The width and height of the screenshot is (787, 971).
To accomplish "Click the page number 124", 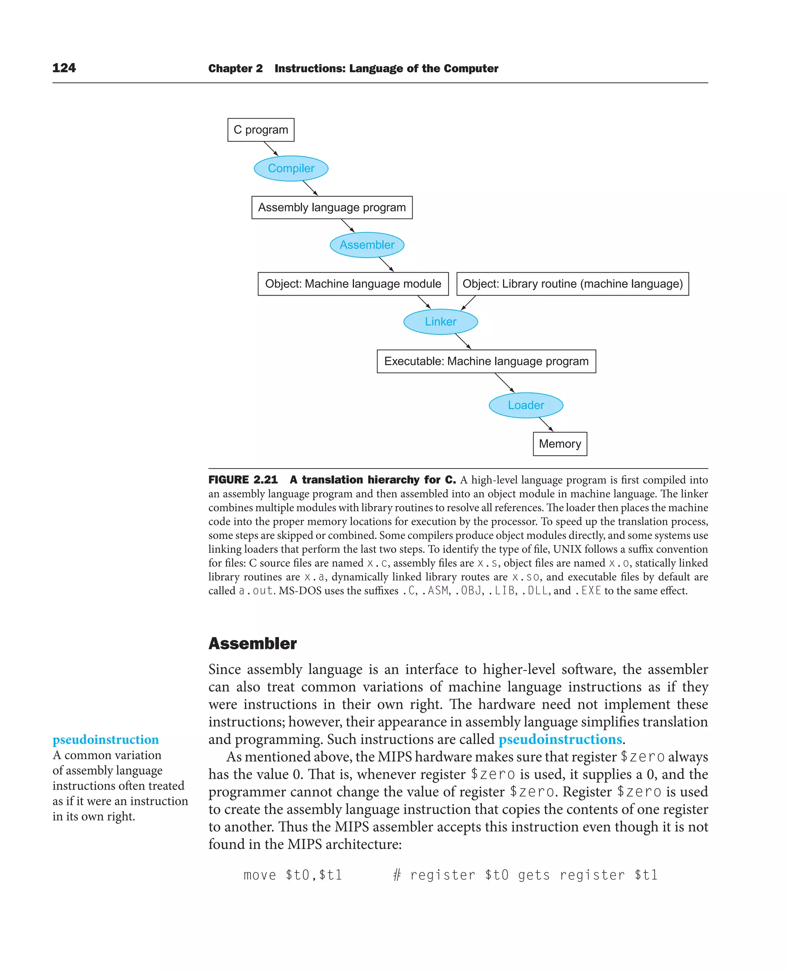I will [x=64, y=68].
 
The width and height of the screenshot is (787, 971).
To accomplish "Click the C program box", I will [x=261, y=130].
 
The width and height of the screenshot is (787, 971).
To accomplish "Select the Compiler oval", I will [x=291, y=168].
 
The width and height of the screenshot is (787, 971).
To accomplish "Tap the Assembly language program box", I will [x=332, y=207].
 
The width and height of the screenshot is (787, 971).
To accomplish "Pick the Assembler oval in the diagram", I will [x=367, y=245].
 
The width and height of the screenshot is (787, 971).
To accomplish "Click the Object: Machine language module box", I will [x=353, y=284].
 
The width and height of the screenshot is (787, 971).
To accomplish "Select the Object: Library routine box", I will [x=572, y=284].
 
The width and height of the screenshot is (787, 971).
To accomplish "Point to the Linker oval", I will [x=440, y=321].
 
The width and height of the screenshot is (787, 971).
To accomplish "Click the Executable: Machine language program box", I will [x=486, y=361].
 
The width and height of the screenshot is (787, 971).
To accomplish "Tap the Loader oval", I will [x=525, y=405].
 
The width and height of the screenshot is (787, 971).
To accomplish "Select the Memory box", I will [x=560, y=444].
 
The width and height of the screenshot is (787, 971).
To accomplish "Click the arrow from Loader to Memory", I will [x=546, y=424].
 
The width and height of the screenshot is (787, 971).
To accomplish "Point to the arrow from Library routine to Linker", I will [x=468, y=303].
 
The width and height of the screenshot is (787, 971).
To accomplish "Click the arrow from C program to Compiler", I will [x=271, y=149].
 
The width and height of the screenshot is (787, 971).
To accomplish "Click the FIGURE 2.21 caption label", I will [x=242, y=480].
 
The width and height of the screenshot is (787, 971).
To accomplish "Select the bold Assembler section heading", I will [x=252, y=643].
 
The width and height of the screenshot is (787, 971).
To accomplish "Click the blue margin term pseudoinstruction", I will [x=105, y=739].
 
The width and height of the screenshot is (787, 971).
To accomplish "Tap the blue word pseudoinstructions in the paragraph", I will [x=560, y=739].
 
